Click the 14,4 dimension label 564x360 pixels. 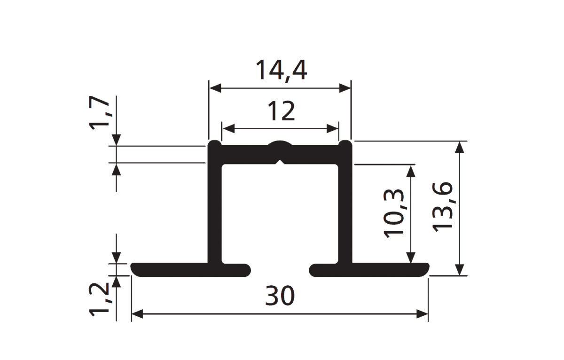pyautogui.click(x=281, y=70)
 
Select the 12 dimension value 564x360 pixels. pyautogui.click(x=281, y=111)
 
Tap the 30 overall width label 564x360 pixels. pyautogui.click(x=280, y=296)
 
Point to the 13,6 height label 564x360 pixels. pyautogui.click(x=442, y=207)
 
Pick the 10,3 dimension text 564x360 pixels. pyautogui.click(x=393, y=213)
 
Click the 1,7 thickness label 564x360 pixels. pyautogui.click(x=99, y=112)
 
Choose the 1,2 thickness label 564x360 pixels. pyautogui.click(x=99, y=299)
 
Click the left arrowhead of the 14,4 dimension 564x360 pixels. pyautogui.click(x=215, y=88)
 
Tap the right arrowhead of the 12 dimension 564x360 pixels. pyautogui.click(x=332, y=129)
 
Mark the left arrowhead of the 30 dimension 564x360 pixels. pyautogui.click(x=137, y=314)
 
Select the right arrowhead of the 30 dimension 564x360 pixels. pyautogui.click(x=422, y=314)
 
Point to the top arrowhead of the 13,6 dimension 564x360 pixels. pyautogui.click(x=460, y=147)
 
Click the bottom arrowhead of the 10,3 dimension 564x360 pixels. pyautogui.click(x=411, y=258)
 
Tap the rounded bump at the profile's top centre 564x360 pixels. pyautogui.click(x=280, y=143)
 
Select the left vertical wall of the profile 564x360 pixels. pyautogui.click(x=214, y=204)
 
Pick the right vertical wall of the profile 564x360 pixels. pyautogui.click(x=345, y=204)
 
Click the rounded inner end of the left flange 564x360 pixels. pyautogui.click(x=248, y=270)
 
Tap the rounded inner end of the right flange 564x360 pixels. pyautogui.click(x=312, y=270)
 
